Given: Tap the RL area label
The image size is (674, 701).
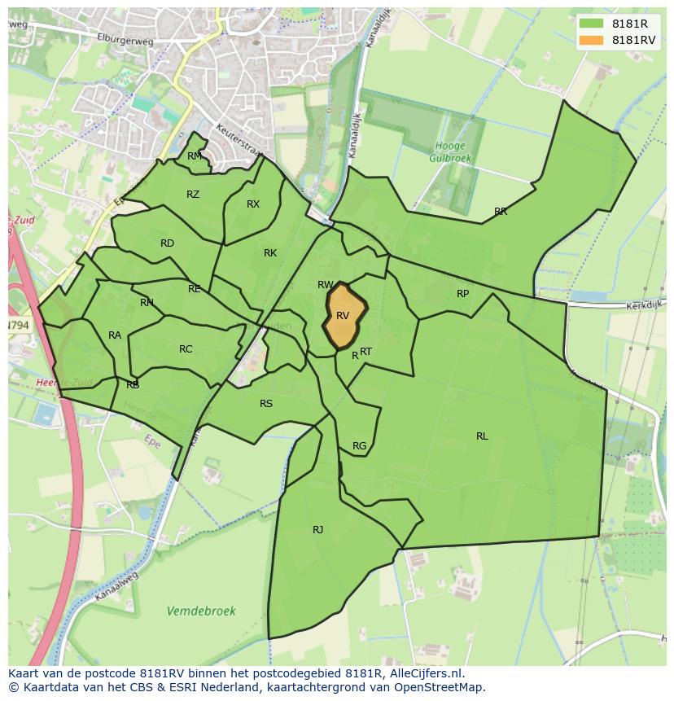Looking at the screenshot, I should click(x=482, y=436).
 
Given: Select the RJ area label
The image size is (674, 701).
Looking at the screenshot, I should click(x=317, y=530).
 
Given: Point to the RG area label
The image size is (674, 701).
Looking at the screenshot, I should click(x=359, y=446).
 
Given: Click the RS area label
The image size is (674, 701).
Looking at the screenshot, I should click(x=266, y=404).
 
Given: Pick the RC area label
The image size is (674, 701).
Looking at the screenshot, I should click(x=186, y=349).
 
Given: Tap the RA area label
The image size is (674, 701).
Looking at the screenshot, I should click(x=115, y=335).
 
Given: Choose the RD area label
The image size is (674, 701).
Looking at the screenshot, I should click(x=167, y=243).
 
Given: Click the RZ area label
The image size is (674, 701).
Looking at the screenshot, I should click(x=193, y=195).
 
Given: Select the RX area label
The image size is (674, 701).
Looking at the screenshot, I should click(x=253, y=204).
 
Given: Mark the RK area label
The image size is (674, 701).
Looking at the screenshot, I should click(x=270, y=253).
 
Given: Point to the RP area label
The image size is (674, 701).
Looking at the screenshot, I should click(x=462, y=294).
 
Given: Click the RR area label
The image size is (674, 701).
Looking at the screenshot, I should click(x=501, y=212).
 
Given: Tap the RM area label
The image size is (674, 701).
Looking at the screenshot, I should click(x=194, y=156).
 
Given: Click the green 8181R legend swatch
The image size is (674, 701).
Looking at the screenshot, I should click(x=591, y=24).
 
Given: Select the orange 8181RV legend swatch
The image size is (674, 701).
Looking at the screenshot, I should click(x=591, y=40).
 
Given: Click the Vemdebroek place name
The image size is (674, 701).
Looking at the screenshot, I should click(x=201, y=611).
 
